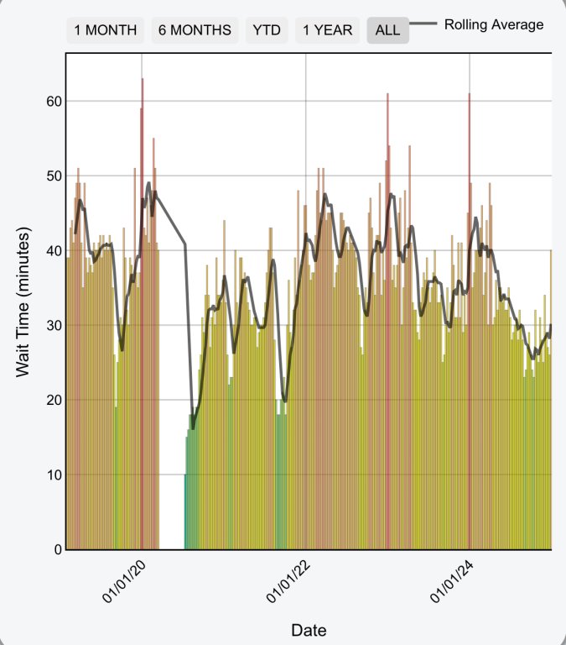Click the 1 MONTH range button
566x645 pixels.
pyautogui.click(x=106, y=30)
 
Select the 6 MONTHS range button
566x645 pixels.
pyautogui.click(x=195, y=30)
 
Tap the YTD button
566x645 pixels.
pyautogui.click(x=267, y=30)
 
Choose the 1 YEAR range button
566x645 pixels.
pyautogui.click(x=328, y=30)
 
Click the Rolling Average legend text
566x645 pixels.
pyautogui.click(x=494, y=24)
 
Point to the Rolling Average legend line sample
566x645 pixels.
pyautogui.click(x=424, y=25)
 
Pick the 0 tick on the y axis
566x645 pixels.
pyautogui.click(x=57, y=549)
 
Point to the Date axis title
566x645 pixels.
pyautogui.click(x=309, y=630)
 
